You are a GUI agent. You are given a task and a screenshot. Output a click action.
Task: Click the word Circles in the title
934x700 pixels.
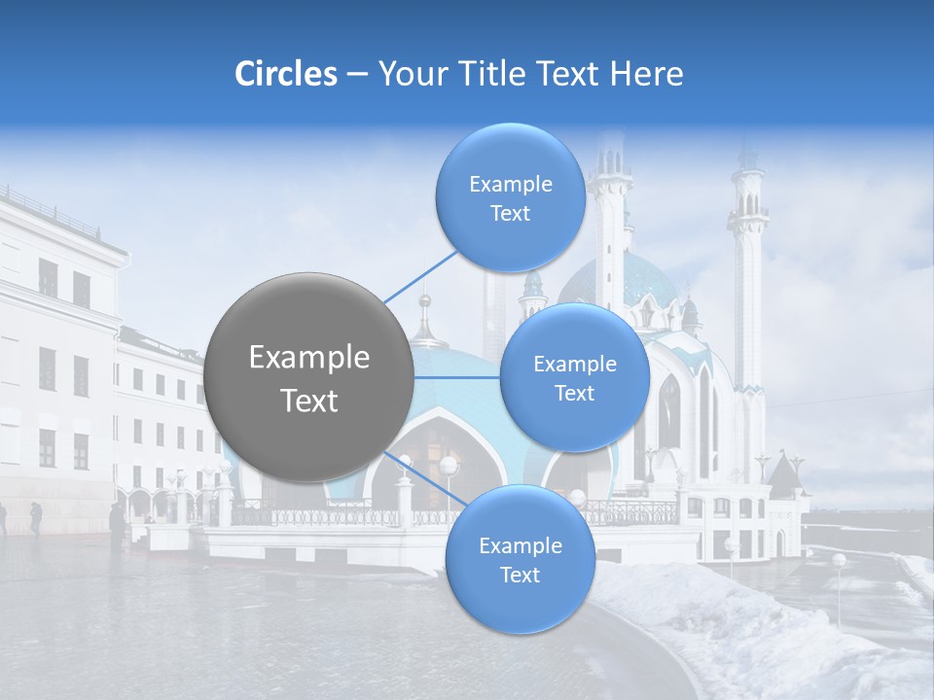285,74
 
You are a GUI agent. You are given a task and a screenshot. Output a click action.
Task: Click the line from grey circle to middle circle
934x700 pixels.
457,377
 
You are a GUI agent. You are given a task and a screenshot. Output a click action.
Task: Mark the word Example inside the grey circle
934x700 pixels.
309,358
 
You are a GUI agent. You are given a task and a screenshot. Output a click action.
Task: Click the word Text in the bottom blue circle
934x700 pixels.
520,575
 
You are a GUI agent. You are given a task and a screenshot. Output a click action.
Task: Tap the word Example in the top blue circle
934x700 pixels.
510,184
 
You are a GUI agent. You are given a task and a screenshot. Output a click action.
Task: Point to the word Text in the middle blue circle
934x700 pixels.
574,393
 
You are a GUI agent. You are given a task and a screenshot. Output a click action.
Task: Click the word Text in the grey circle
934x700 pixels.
309,401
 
